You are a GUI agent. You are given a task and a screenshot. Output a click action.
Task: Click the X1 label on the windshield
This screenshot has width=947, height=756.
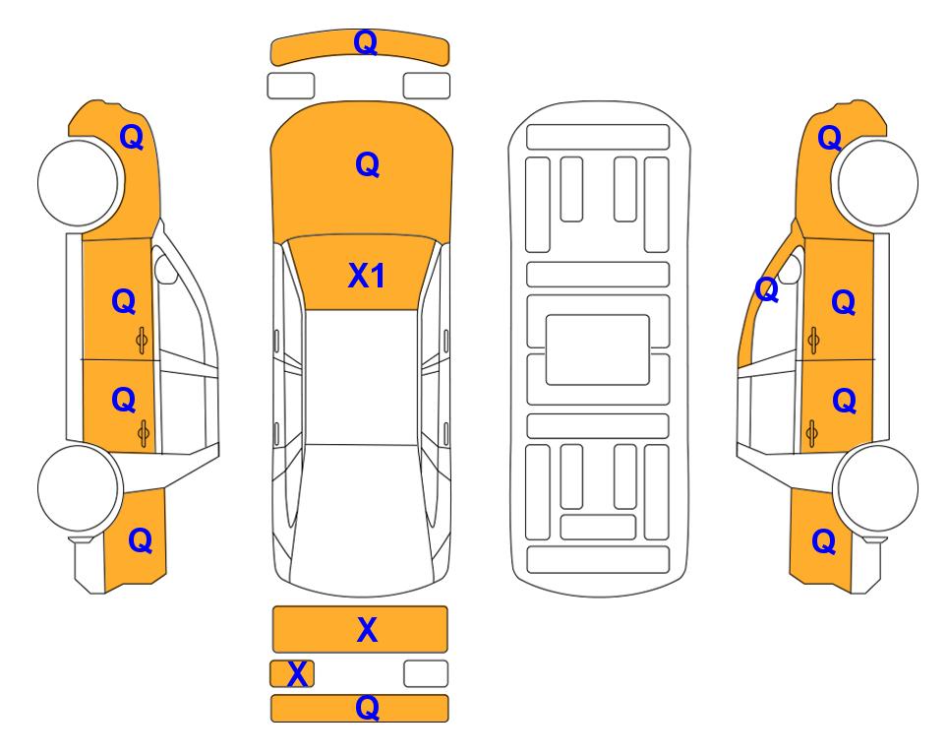367,276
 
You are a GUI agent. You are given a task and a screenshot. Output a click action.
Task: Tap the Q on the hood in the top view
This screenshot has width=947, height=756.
367,164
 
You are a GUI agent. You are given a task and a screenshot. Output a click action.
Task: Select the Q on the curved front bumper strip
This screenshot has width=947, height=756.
366,42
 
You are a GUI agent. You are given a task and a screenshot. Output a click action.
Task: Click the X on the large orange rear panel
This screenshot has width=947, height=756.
367,630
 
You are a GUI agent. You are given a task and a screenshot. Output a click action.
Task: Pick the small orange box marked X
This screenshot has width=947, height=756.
292,673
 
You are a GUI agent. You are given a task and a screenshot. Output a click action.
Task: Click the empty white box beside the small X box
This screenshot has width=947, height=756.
426,673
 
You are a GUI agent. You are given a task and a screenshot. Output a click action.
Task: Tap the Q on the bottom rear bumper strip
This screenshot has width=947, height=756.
367,707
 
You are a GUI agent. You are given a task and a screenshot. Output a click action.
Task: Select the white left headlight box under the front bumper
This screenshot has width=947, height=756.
291,86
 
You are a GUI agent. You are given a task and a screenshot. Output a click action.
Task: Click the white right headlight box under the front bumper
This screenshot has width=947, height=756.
427,86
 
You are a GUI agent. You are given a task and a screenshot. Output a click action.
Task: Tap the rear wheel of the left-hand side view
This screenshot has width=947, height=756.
79,488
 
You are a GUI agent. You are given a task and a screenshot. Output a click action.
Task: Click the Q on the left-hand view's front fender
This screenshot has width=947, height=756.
132,137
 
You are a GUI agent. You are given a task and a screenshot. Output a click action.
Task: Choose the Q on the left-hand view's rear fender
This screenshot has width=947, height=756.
140,540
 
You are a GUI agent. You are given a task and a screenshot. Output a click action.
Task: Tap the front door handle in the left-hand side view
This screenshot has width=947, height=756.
142,341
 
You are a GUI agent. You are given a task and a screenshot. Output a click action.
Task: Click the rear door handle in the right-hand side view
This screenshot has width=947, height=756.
812,434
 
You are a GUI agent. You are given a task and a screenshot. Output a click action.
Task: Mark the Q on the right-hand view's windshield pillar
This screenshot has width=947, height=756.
767,289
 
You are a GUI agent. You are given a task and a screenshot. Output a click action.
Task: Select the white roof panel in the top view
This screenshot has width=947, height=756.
361,377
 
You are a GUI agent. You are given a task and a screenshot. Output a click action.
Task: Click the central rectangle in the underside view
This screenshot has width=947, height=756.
597,349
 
